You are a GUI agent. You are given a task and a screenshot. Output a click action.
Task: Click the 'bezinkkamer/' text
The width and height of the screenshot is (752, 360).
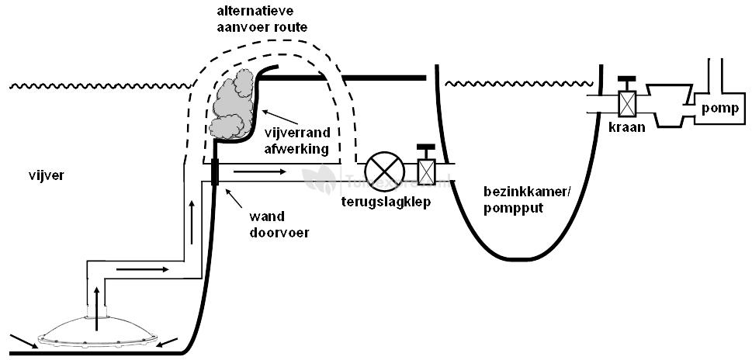(x=517, y=192)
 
